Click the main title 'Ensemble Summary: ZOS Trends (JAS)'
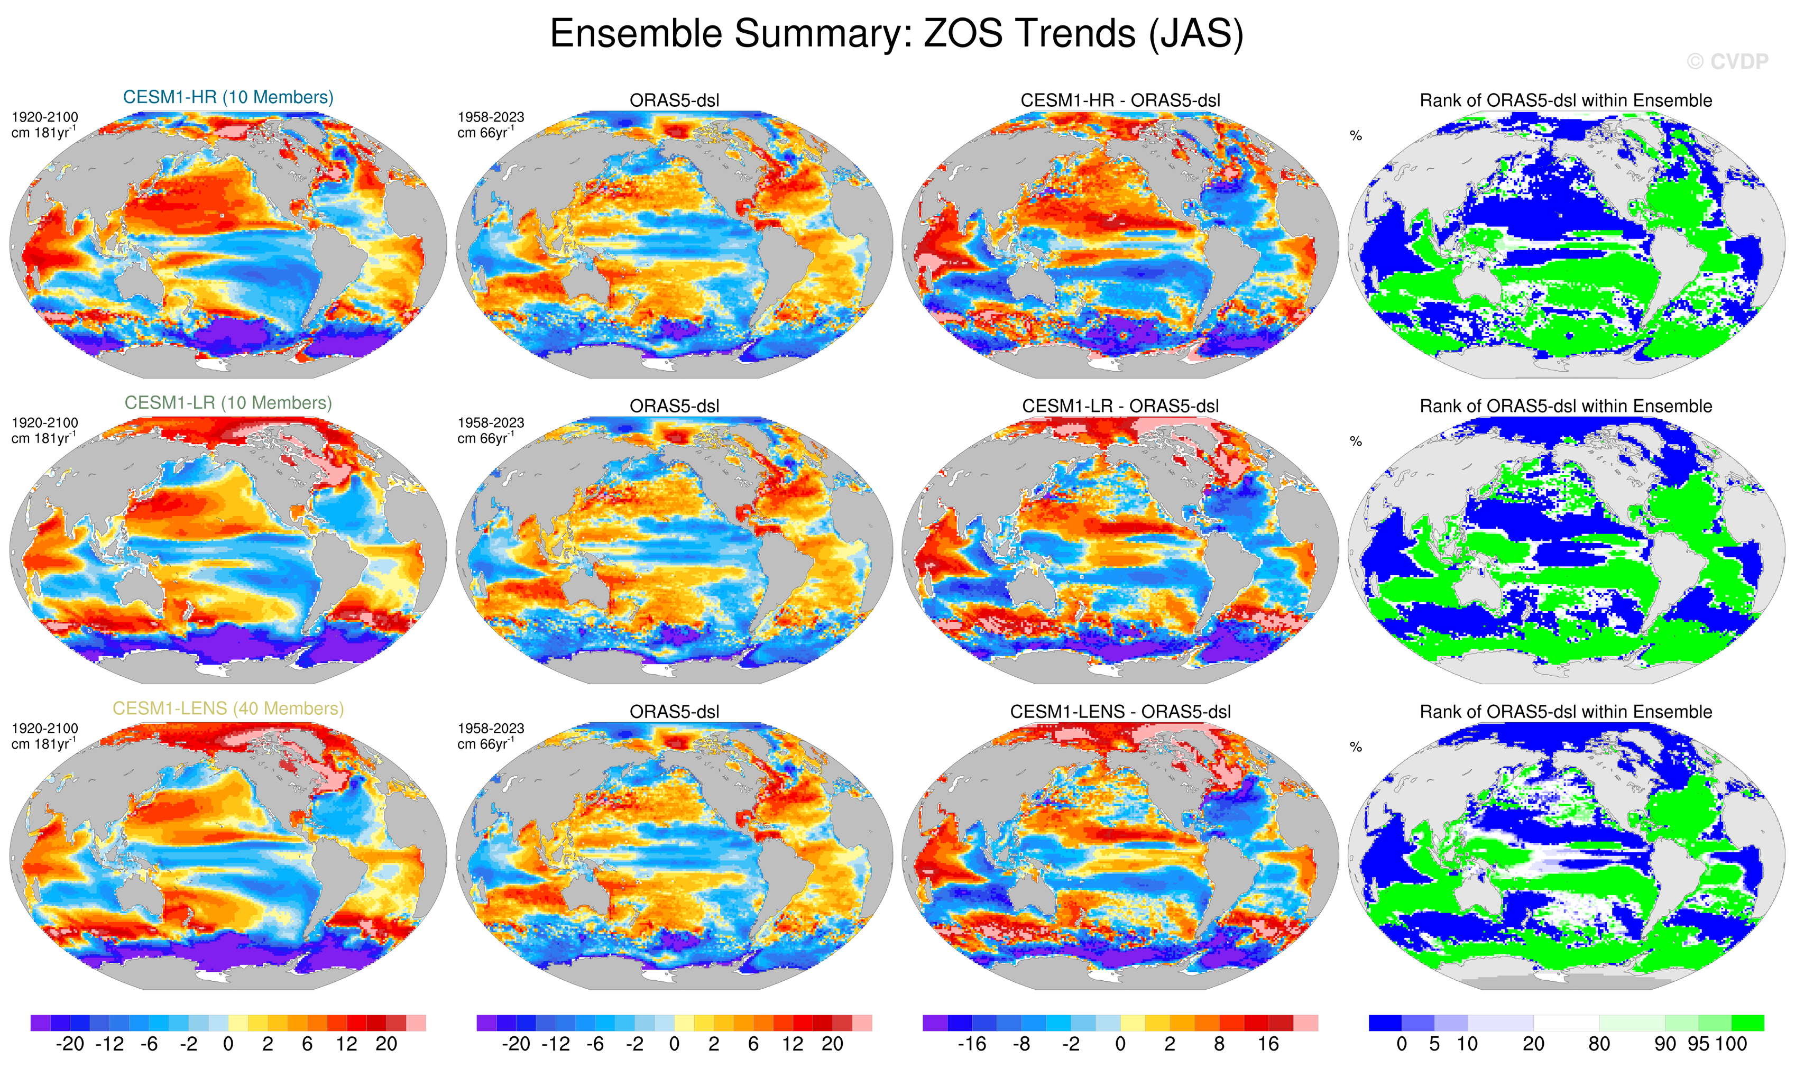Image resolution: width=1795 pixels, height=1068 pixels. tap(896, 34)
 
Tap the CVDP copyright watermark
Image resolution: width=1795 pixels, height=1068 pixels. tap(1727, 62)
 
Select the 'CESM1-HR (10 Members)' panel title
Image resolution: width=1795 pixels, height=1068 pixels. tap(228, 97)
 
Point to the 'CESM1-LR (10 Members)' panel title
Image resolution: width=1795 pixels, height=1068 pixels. tap(228, 403)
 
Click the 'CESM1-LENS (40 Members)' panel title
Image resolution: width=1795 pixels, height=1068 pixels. tap(228, 709)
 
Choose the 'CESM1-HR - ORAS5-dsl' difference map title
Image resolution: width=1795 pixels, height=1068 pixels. tap(1120, 101)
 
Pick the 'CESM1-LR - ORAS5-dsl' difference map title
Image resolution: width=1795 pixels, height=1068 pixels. tap(1120, 407)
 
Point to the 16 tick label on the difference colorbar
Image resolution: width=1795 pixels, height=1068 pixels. tap(1268, 1044)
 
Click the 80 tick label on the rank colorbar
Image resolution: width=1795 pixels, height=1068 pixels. tap(1599, 1044)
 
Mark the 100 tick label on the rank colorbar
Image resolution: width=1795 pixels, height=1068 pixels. tap(1732, 1044)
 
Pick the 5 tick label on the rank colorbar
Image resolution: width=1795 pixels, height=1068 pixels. tap(1434, 1044)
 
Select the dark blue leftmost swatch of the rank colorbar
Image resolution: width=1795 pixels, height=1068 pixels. tap(1385, 1023)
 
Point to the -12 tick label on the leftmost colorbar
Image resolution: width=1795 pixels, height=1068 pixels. tap(109, 1044)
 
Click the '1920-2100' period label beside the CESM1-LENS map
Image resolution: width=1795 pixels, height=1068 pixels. tap(44, 729)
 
